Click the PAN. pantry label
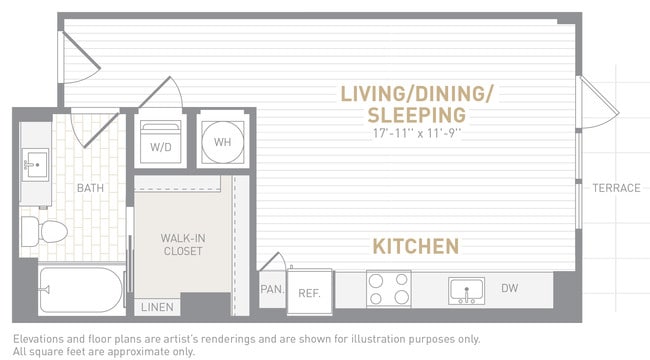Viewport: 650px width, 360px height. tap(271, 291)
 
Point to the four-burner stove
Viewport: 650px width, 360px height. tap(389, 290)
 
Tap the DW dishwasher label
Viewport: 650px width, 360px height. tap(510, 289)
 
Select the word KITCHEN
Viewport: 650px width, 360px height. tap(416, 246)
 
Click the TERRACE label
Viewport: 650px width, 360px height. tap(615, 188)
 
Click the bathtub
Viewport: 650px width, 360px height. tap(80, 290)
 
